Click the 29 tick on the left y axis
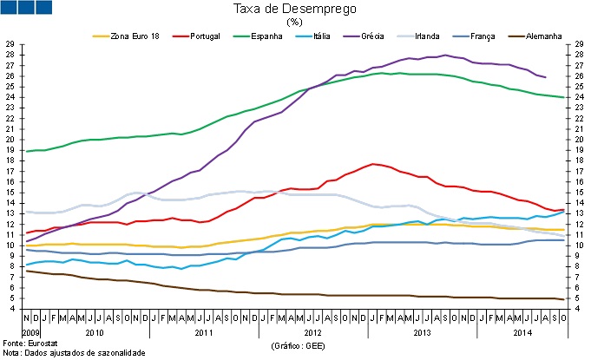coord(10,43)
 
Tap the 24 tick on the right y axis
coord(581,97)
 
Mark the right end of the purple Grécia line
coord(545,77)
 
